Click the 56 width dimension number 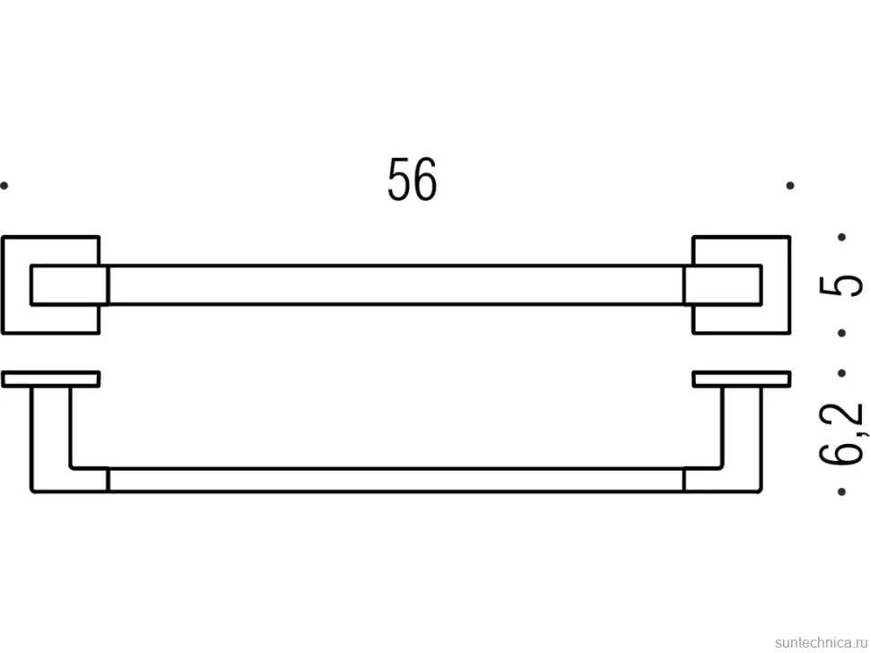413,178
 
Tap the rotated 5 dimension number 841,285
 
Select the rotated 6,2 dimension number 841,432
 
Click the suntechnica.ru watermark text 822,642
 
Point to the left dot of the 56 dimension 4,186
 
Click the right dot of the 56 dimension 790,186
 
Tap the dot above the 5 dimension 841,237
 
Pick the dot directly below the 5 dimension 841,333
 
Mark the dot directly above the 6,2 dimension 841,373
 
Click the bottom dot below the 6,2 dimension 841,492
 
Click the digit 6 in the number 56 425,178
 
